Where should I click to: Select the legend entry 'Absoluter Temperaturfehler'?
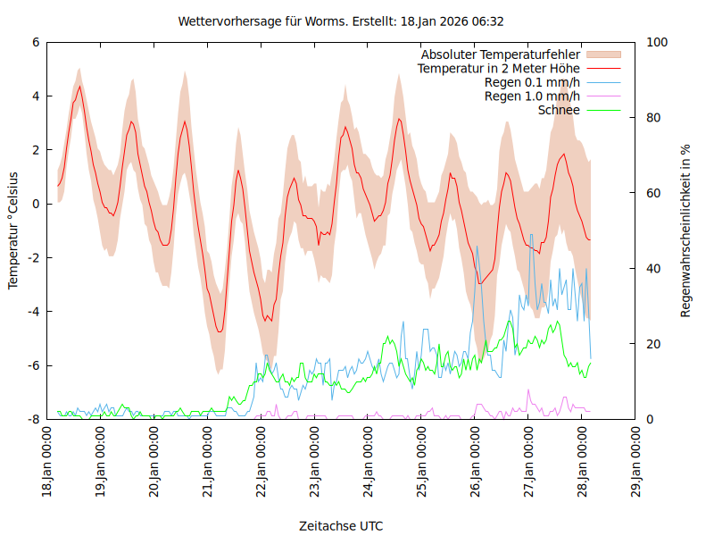tap(501, 54)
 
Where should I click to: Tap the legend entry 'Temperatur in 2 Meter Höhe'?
tap(499, 68)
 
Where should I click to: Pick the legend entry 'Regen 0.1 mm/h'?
tap(532, 82)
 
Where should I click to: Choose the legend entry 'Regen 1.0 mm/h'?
tap(532, 96)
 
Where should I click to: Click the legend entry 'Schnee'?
tap(560, 110)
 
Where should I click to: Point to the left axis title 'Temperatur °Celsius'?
tap(13, 230)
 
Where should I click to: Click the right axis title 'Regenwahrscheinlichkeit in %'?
tap(686, 230)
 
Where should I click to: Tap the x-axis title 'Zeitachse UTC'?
tap(341, 526)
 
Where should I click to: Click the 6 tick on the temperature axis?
tap(36, 42)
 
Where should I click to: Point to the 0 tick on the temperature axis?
tap(36, 204)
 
